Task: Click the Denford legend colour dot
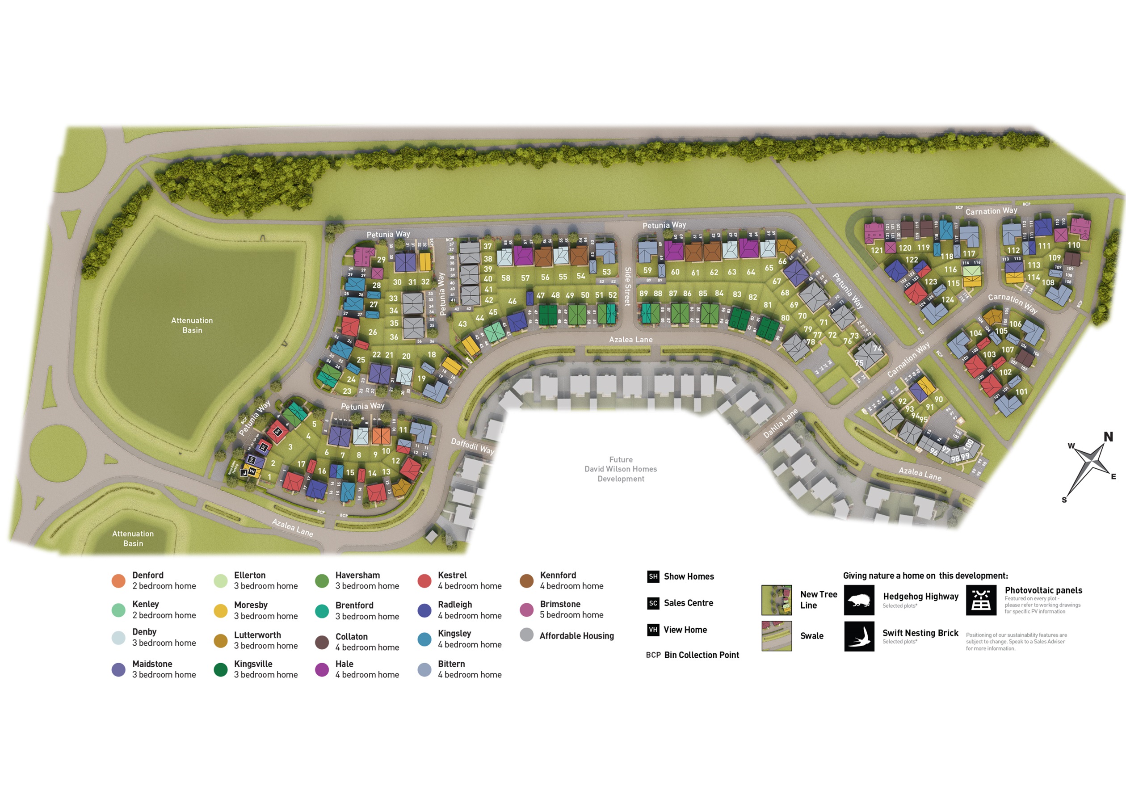coord(118,581)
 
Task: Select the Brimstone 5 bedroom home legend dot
coord(526,610)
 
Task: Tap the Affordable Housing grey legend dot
coord(526,635)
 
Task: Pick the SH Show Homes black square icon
coord(653,576)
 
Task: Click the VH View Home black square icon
coord(653,630)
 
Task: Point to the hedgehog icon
coord(859,600)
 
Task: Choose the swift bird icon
coord(859,636)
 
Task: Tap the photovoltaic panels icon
coord(981,600)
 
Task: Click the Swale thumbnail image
coord(777,636)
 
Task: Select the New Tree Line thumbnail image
coord(777,600)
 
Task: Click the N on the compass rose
coord(1108,437)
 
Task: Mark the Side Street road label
coord(628,286)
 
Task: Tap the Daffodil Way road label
coord(472,446)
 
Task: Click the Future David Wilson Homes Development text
coord(620,469)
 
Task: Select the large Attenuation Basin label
coord(192,325)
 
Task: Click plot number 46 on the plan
coord(512,301)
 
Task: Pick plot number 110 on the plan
coord(1074,245)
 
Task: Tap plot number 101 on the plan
coord(1021,391)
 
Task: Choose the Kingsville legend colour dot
coord(220,669)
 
